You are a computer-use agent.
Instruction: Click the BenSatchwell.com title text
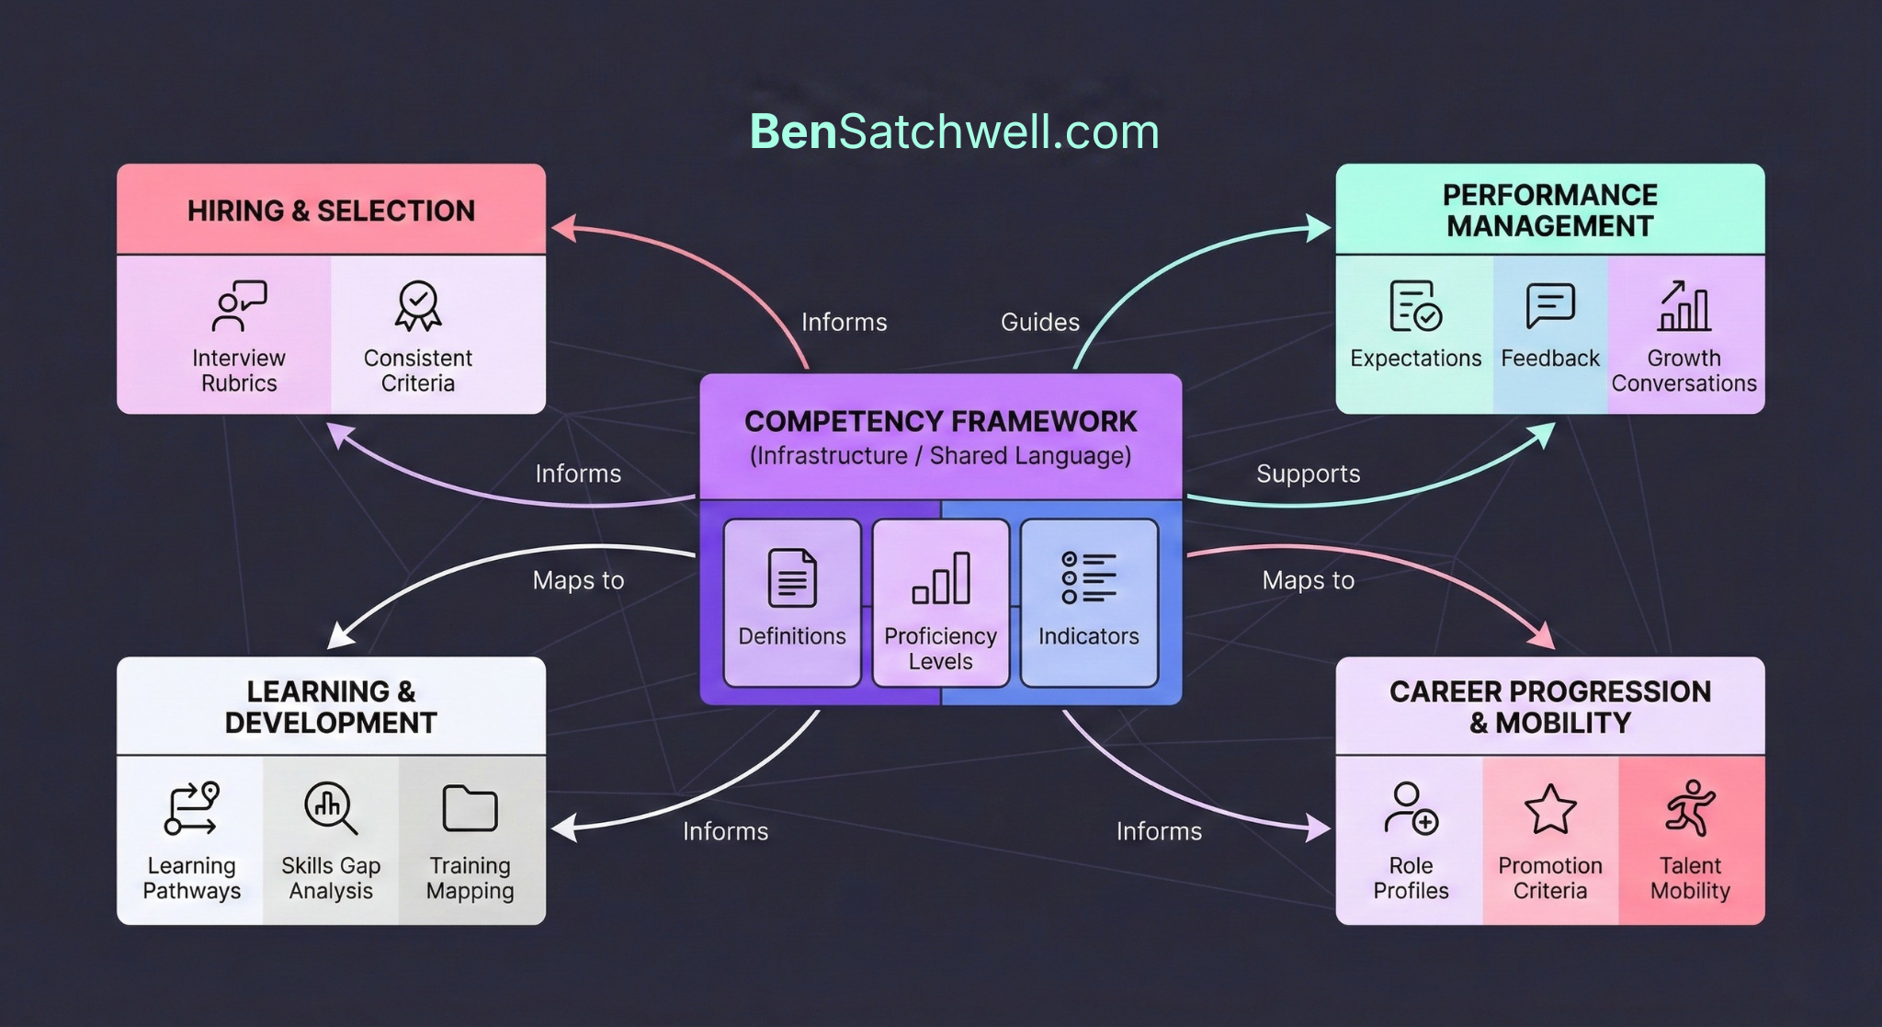tap(954, 131)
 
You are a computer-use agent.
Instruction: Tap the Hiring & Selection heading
tap(331, 211)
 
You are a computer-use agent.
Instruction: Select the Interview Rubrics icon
tap(238, 306)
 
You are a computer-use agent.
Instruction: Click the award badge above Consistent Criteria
tap(418, 306)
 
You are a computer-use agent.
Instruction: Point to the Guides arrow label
tap(1039, 322)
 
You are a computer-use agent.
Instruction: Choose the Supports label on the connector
tap(1308, 474)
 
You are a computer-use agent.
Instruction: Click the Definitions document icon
tap(791, 578)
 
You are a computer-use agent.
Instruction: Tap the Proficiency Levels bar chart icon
tap(940, 578)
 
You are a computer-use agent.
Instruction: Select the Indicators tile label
tap(1088, 636)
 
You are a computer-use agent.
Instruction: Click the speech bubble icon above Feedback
tap(1550, 305)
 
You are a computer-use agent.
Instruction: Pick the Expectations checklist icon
tap(1415, 306)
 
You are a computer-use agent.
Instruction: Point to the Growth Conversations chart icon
tap(1684, 306)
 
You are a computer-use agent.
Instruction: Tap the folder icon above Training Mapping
tap(470, 808)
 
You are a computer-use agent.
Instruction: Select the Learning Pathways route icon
tap(191, 808)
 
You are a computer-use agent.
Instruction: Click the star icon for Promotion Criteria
tap(1550, 809)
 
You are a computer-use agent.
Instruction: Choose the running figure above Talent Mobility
tap(1690, 808)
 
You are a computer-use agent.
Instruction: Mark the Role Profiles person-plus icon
tap(1411, 808)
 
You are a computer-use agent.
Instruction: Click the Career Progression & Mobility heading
tap(1550, 706)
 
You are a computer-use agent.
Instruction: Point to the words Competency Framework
tap(940, 421)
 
